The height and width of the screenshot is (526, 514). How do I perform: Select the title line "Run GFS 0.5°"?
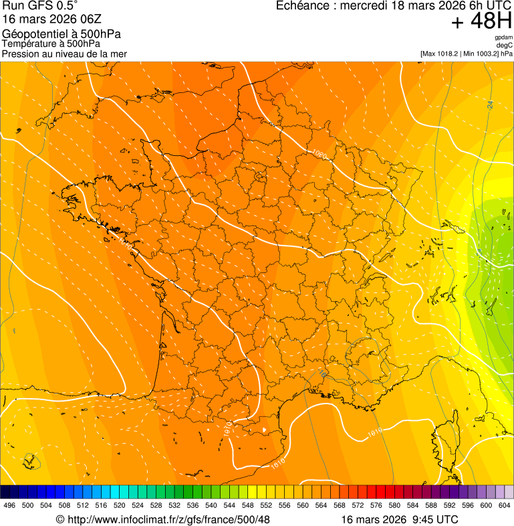click(x=40, y=7)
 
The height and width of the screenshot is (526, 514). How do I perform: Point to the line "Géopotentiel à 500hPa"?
click(x=61, y=34)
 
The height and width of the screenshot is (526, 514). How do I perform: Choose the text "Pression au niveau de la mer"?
click(x=64, y=54)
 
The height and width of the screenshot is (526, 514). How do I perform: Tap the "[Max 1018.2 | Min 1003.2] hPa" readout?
click(x=467, y=54)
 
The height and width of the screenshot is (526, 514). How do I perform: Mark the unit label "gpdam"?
click(x=503, y=37)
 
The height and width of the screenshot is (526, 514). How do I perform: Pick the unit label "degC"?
click(x=505, y=46)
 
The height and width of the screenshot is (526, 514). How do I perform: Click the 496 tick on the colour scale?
click(x=9, y=505)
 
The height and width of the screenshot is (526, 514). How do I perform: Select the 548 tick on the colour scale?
click(x=248, y=505)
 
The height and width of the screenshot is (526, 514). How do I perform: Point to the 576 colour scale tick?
click(x=376, y=505)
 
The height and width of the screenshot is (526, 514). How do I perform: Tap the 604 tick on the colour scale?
click(x=505, y=505)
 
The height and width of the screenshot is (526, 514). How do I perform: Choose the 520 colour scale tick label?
click(x=120, y=505)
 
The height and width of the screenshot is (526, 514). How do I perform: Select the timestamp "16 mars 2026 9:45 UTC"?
click(x=400, y=519)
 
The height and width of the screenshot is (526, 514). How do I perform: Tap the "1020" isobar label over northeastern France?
click(x=319, y=155)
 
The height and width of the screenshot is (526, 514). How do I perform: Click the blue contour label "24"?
click(x=490, y=104)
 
